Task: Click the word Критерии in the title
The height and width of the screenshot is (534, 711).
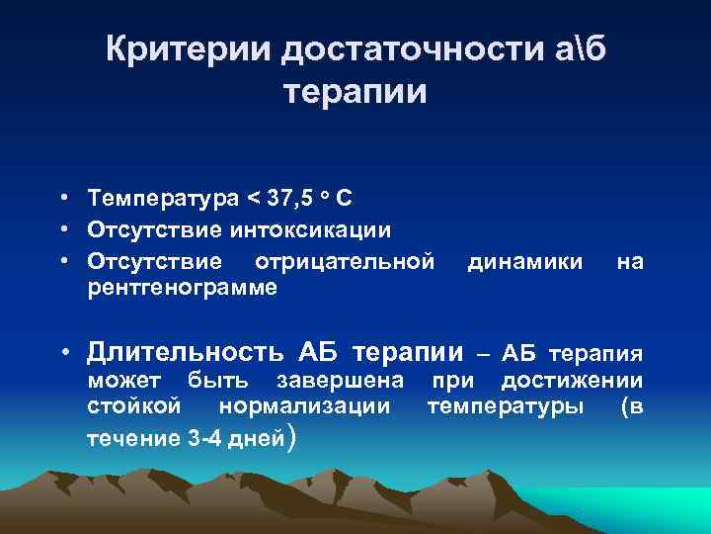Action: coord(190,49)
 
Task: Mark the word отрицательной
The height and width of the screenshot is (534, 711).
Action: coord(345,261)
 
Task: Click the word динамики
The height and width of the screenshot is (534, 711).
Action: coord(524,261)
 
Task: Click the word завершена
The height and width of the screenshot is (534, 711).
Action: coord(340,381)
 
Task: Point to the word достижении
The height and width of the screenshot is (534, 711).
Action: coord(572,381)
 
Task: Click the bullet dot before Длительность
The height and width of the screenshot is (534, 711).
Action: coord(62,352)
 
